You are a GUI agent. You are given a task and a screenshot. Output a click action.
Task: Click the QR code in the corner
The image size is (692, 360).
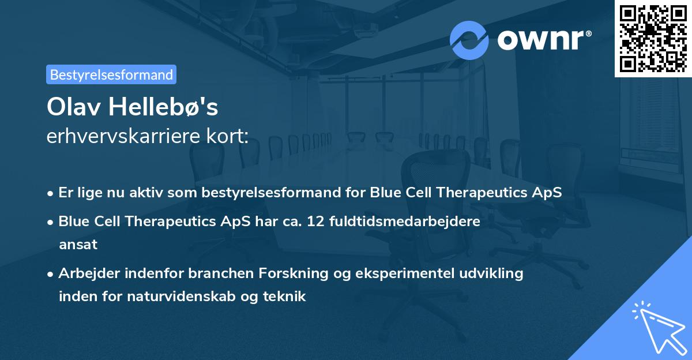[653, 38]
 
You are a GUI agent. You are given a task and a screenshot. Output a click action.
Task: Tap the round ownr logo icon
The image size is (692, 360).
[469, 40]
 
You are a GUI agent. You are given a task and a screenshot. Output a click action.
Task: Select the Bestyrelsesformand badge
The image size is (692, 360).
[111, 74]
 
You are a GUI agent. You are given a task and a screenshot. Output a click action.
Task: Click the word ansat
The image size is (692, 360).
[78, 245]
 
